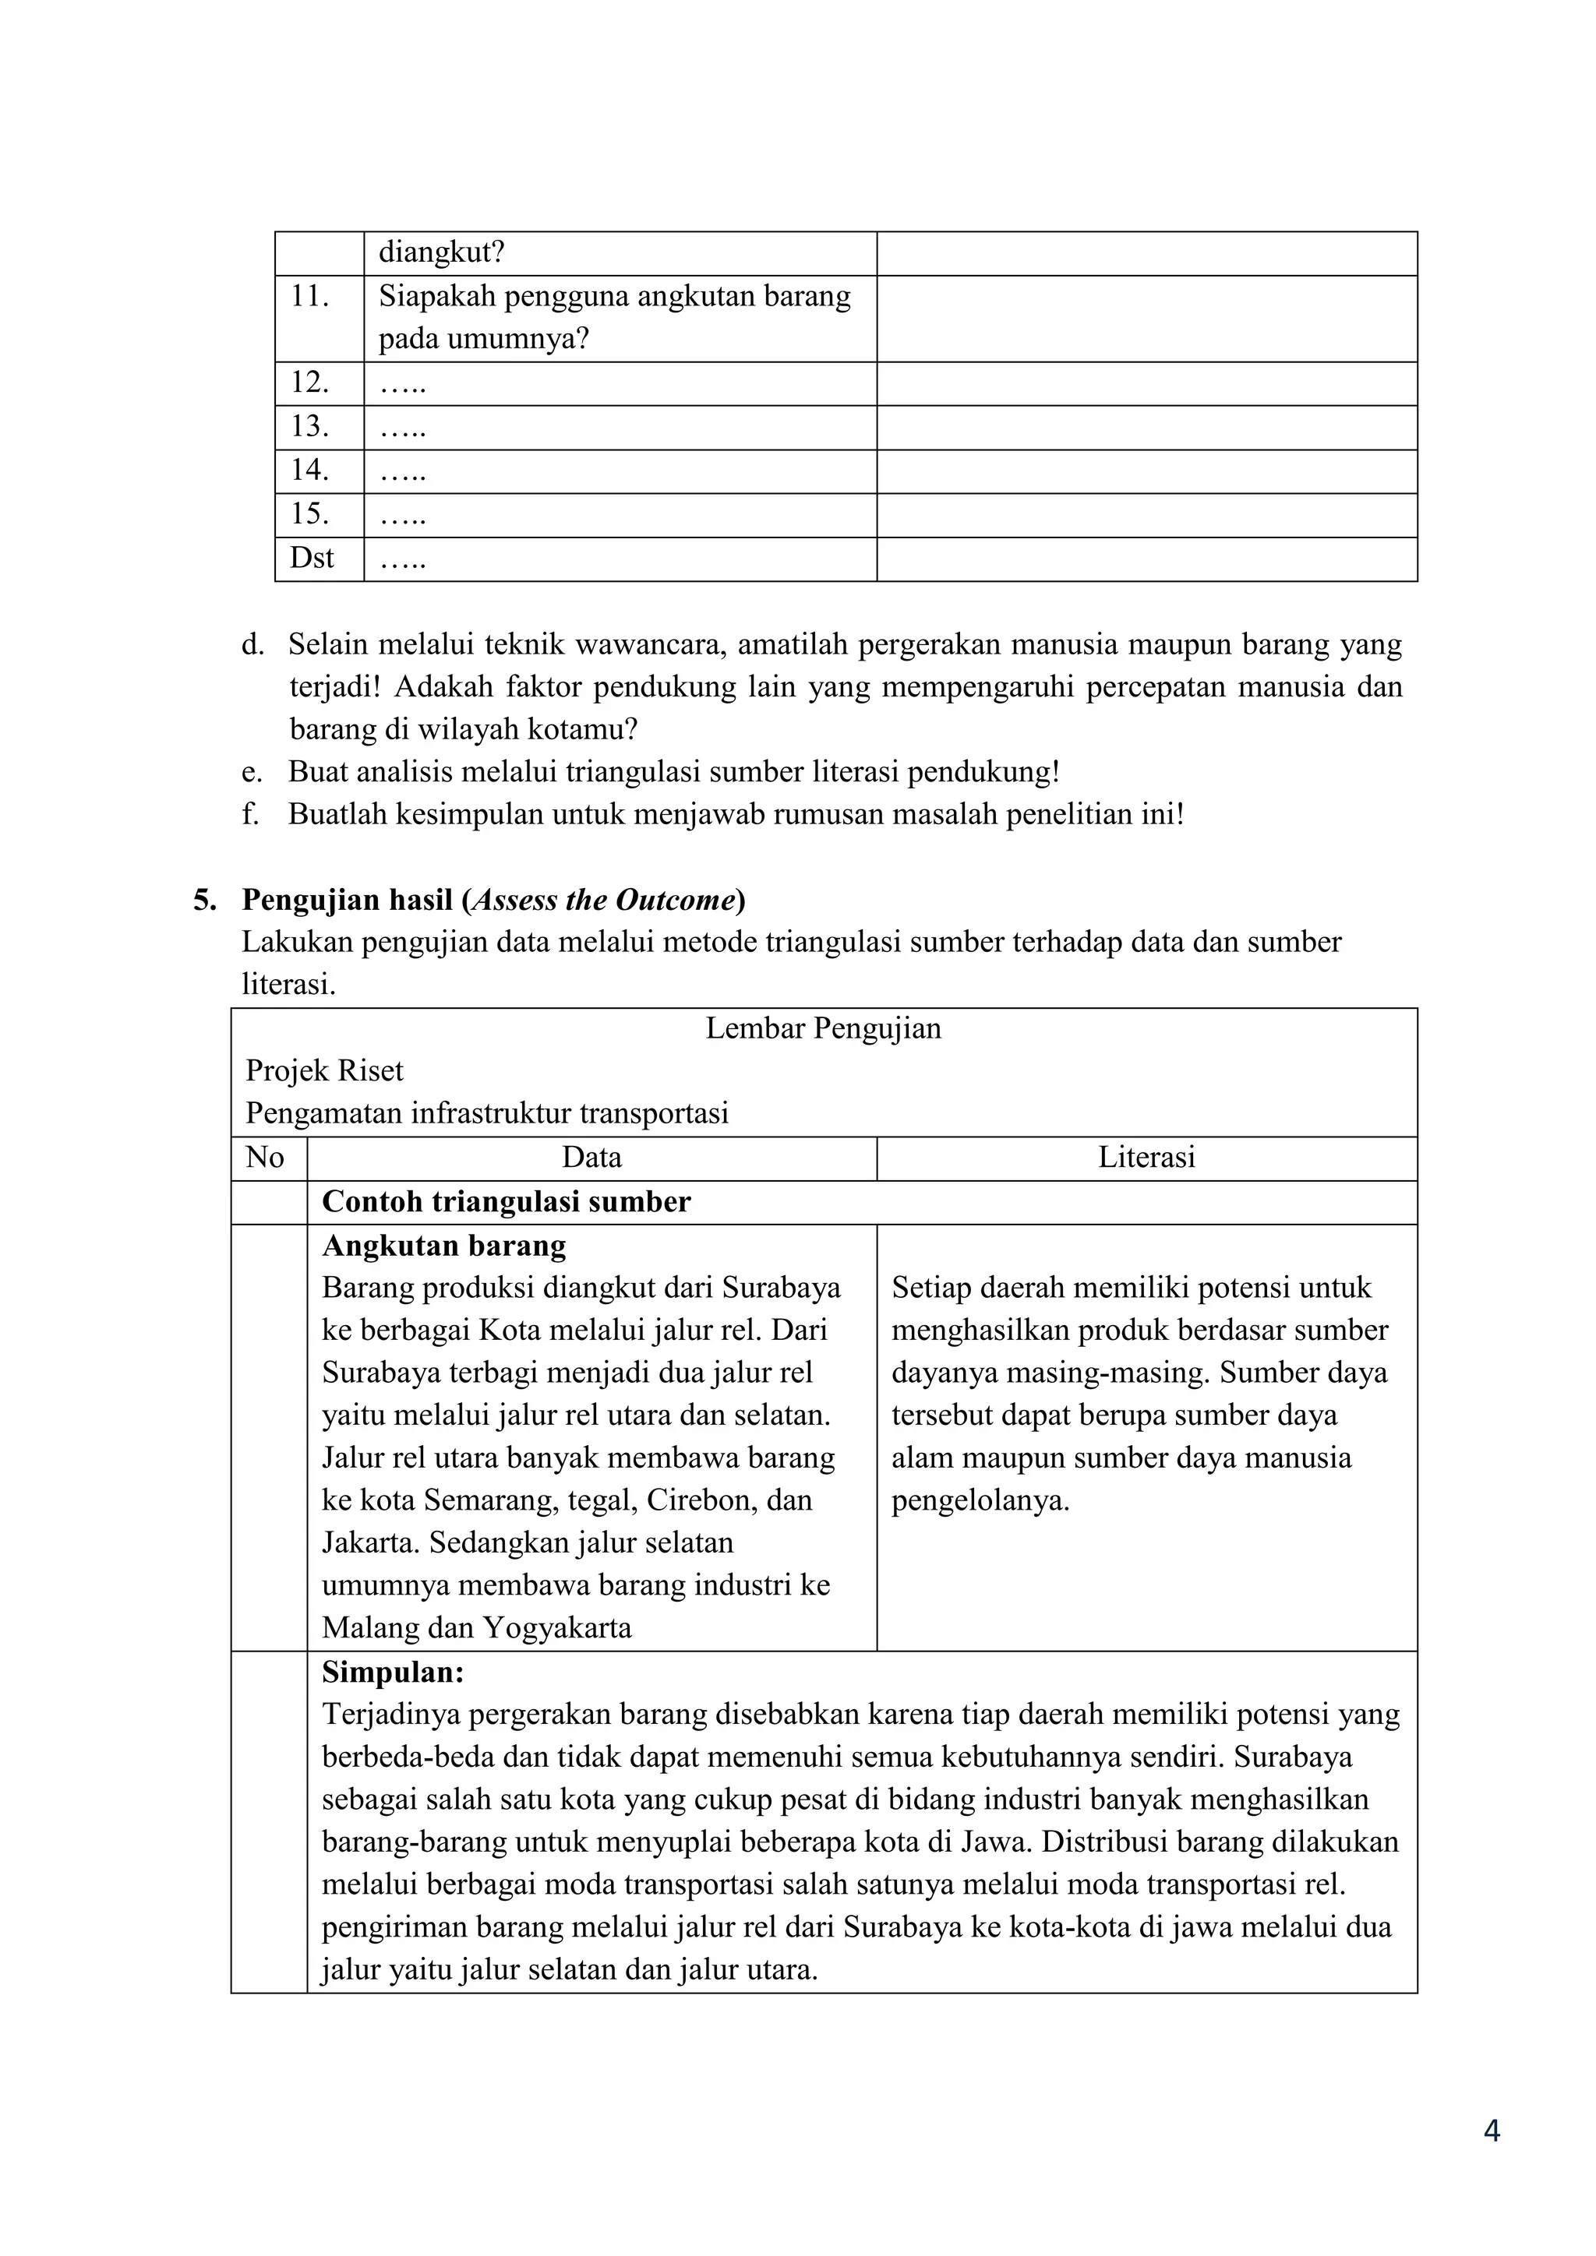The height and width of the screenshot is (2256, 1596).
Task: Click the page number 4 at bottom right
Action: click(1491, 2159)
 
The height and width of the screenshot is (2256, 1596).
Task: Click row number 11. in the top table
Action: click(309, 297)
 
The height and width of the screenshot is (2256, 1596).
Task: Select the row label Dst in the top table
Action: click(312, 558)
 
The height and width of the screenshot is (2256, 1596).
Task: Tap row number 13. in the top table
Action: click(309, 426)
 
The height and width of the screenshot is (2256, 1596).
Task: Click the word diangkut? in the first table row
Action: click(441, 253)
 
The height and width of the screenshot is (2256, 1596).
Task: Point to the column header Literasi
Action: click(1146, 1158)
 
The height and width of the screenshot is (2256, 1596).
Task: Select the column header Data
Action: click(591, 1158)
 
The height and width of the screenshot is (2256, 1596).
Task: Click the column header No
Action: click(264, 1158)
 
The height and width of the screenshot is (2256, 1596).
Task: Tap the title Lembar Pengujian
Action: click(823, 1029)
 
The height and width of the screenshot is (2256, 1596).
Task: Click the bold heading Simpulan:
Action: click(393, 1673)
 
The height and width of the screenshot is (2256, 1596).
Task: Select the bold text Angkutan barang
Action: click(444, 1246)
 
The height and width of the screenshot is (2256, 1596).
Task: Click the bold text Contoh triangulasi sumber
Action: click(506, 1202)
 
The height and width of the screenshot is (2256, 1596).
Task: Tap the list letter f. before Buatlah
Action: click(251, 815)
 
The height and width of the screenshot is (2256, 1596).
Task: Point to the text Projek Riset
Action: click(324, 1071)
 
